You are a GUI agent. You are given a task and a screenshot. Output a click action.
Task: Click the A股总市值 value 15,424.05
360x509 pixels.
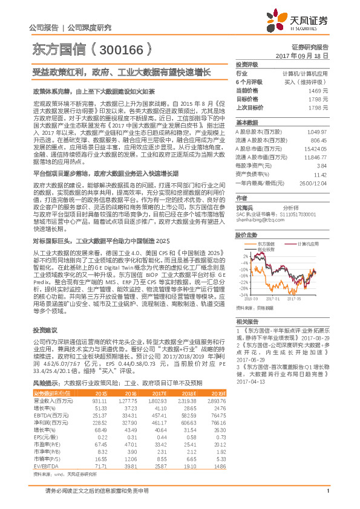point(317,148)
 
